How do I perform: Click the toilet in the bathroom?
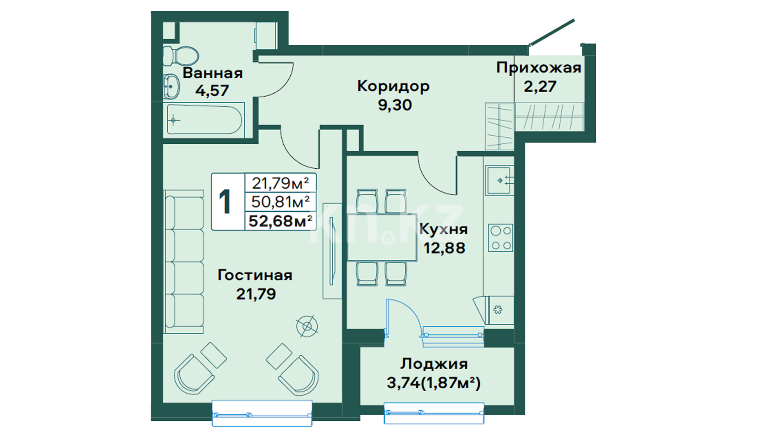181,56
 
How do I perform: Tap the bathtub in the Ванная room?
205,120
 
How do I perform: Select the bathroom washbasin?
171,86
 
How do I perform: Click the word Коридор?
393,87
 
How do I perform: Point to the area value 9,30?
395,105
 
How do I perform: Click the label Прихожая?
539,68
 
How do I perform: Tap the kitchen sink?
499,180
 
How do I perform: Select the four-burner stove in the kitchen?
501,238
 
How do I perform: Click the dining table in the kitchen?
382,237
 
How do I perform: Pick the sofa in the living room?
184,262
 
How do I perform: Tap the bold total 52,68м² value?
281,221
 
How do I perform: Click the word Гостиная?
255,275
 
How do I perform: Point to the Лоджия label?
434,364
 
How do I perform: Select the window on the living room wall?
262,413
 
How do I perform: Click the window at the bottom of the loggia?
434,413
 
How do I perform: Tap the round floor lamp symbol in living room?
307,326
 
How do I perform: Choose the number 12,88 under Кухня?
444,248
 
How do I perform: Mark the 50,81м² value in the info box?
281,202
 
